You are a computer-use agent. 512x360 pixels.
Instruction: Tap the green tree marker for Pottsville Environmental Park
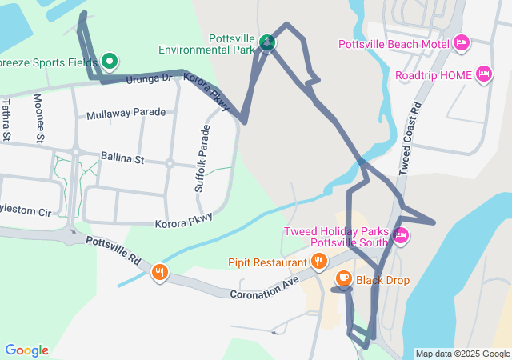pos(267,42)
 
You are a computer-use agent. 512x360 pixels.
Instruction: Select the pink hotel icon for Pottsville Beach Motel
pos(460,42)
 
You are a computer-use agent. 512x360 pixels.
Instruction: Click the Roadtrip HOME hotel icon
pos(483,74)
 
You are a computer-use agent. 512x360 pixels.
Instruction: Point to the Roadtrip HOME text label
pos(434,75)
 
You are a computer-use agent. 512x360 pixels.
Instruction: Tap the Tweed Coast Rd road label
pos(410,138)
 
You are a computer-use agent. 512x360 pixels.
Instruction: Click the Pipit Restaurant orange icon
pos(319,261)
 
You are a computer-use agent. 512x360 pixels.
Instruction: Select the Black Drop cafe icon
pos(343,279)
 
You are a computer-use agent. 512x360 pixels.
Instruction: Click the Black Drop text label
pos(382,280)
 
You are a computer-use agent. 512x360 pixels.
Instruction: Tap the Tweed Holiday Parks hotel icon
pos(401,236)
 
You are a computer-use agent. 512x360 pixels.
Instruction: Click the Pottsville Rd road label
pos(113,250)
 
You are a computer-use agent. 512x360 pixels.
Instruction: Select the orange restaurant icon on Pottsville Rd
pos(160,273)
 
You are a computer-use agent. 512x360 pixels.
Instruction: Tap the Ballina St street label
pos(122,158)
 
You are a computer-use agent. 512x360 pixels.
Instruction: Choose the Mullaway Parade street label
pos(126,113)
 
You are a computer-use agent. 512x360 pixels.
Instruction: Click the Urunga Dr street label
pos(149,78)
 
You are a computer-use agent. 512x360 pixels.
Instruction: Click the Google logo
pos(26,350)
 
